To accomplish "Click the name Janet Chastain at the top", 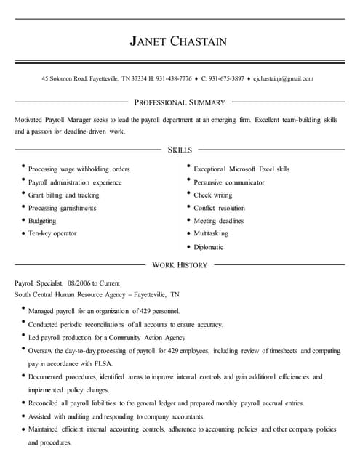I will pyautogui.click(x=178, y=41).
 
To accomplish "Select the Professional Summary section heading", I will pyautogui.click(x=180, y=102).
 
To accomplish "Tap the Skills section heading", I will pyautogui.click(x=180, y=150).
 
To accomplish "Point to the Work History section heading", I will pyautogui.click(x=180, y=265).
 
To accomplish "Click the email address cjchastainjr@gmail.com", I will pyautogui.click(x=283, y=78).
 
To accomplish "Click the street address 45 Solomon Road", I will pyautogui.click(x=64, y=78).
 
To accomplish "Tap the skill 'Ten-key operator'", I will pyautogui.click(x=52, y=233).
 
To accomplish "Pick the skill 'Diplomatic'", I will pyautogui.click(x=208, y=247).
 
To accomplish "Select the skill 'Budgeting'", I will pyautogui.click(x=41, y=221).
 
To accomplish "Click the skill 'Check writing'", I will pyautogui.click(x=212, y=195).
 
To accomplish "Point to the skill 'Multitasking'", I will pyautogui.click(x=211, y=233).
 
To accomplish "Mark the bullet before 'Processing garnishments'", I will pyautogui.click(x=23, y=207).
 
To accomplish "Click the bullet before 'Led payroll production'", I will pyautogui.click(x=23, y=336).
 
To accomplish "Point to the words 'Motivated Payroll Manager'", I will pyautogui.click(x=50, y=118).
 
